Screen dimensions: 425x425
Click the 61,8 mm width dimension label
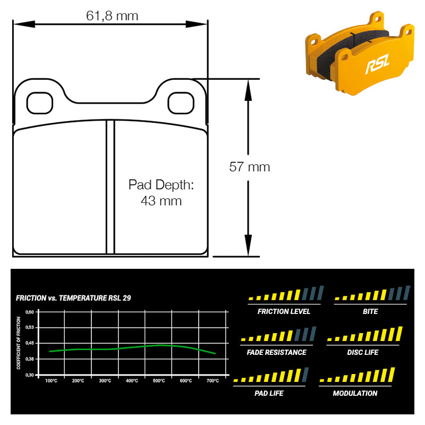[x=112, y=16]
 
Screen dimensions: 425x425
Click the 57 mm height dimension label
[x=249, y=167]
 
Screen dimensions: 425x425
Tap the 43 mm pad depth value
[x=161, y=201]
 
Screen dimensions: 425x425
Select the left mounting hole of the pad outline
[x=39, y=103]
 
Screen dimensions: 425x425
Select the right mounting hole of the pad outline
[x=181, y=103]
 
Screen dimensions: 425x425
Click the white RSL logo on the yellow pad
[x=378, y=64]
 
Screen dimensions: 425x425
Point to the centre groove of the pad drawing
[x=110, y=187]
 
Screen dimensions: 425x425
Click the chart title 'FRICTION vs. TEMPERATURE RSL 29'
[x=73, y=298]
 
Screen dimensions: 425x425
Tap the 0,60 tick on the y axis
[x=30, y=312]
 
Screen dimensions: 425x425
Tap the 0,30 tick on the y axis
[x=30, y=375]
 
